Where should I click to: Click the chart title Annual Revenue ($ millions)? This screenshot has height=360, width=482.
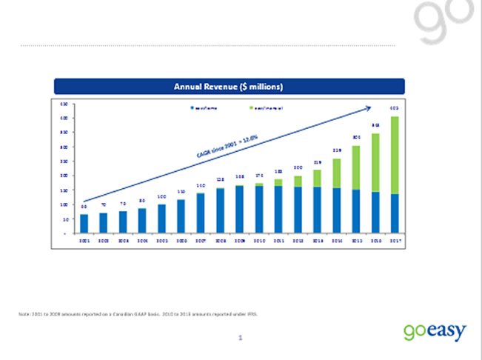tap(228, 87)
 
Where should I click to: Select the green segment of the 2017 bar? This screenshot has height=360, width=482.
tap(394, 155)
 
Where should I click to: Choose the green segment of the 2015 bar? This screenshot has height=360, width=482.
tap(355, 167)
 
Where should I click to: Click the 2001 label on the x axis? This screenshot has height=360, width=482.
tap(84, 240)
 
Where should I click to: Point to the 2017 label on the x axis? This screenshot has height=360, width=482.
tap(394, 240)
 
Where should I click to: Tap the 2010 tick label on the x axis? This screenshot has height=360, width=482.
tap(259, 240)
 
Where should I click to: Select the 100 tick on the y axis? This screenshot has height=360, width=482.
tap(65, 204)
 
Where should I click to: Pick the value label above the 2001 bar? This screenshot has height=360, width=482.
tap(84, 207)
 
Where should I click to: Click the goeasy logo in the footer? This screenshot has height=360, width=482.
tap(435, 331)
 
